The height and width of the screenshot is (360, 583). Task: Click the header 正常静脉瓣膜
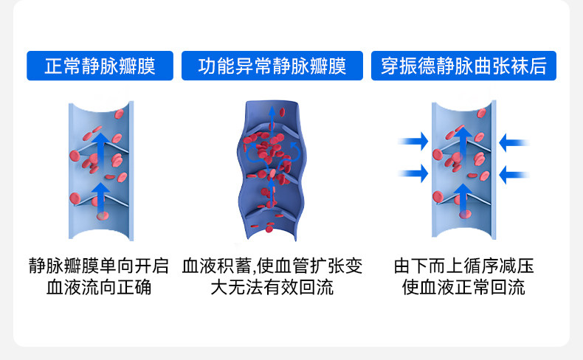pos(100,66)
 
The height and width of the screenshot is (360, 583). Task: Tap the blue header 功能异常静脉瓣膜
pos(272,66)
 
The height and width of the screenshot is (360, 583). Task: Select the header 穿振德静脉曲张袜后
pos(463,66)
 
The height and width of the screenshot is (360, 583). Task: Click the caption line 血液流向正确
pos(99,287)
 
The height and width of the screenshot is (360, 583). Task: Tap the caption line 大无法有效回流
pos(272,287)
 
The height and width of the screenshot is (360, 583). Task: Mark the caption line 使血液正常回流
pos(463,287)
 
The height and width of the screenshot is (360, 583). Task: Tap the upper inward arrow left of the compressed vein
pos(413,140)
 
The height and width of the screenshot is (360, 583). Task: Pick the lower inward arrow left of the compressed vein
pos(413,174)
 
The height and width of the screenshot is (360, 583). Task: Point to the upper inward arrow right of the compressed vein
pos(514,140)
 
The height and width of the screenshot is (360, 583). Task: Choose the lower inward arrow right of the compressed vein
pos(514,174)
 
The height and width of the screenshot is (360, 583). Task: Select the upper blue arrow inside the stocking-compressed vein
pos(463,145)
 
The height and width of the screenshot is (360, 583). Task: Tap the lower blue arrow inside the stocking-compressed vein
pos(463,196)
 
